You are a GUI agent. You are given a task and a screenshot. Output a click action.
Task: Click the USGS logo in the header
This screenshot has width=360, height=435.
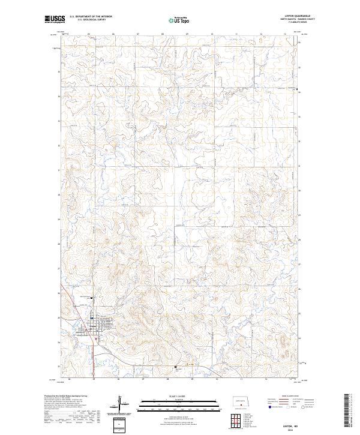55,19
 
